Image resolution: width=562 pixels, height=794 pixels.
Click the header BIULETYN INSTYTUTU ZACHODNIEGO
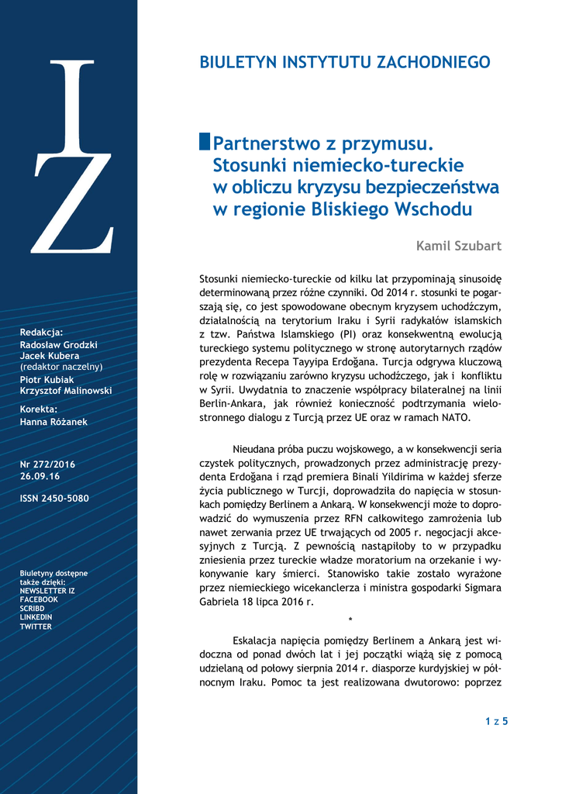(345, 63)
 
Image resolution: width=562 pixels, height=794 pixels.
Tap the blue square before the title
(205, 142)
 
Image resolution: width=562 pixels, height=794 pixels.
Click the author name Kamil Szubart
(459, 246)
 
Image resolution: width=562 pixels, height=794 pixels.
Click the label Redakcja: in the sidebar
(41, 331)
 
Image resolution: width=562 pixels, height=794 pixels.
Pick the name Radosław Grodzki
(59, 344)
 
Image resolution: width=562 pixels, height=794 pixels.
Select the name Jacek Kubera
(50, 355)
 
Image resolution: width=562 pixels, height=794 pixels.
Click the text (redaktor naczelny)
(61, 366)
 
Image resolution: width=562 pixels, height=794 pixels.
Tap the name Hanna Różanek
(52, 422)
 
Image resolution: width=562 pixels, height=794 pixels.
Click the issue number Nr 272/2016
(47, 464)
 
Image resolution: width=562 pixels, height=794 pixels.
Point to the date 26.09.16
(40, 476)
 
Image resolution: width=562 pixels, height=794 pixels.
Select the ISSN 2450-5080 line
(54, 499)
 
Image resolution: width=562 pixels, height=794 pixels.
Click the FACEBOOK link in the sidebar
(39, 599)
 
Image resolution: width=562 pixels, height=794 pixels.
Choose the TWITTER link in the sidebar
(36, 627)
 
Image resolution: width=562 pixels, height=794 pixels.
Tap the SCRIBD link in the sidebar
(32, 609)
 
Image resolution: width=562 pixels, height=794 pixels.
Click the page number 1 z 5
(496, 721)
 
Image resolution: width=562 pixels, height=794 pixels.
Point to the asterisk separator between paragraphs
(350, 620)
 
